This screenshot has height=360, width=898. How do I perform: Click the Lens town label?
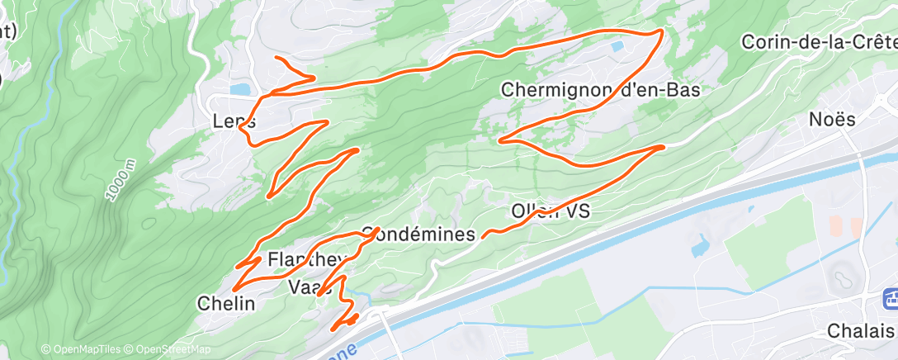pyautogui.click(x=234, y=121)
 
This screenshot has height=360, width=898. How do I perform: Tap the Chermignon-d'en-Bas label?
pyautogui.click(x=600, y=90)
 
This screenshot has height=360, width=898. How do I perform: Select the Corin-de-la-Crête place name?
pyautogui.click(x=819, y=41)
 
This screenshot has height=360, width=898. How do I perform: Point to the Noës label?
pyautogui.click(x=832, y=120)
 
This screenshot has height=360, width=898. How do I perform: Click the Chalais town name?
pyautogui.click(x=861, y=330)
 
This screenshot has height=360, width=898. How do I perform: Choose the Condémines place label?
pyautogui.click(x=418, y=234)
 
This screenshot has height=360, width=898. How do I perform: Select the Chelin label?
pyautogui.click(x=225, y=303)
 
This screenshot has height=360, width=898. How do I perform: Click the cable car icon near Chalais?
pyautogui.click(x=889, y=298)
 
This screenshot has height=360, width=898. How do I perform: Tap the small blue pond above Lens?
pyautogui.click(x=240, y=88)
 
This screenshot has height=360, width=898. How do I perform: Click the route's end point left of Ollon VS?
pyautogui.click(x=483, y=235)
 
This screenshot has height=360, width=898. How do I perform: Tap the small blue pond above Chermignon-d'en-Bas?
pyautogui.click(x=617, y=47)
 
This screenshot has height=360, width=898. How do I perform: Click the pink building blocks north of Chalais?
pyautogui.click(x=843, y=226)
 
